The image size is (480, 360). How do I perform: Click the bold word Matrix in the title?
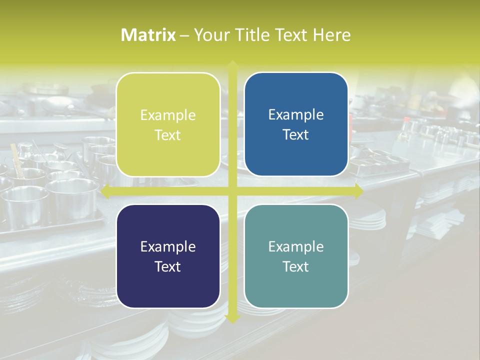point(148,35)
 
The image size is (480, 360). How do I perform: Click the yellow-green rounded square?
point(168,124)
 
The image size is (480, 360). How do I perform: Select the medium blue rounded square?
point(296,124)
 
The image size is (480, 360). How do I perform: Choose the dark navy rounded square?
point(168,256)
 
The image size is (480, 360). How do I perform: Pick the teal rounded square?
point(296,256)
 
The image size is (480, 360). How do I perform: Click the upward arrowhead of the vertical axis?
point(232,64)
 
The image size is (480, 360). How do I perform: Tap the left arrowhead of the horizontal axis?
point(105,191)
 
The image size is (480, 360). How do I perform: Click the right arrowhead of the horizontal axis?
point(358,191)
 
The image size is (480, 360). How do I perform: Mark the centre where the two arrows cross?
point(232,191)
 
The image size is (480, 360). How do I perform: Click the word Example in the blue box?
point(296,115)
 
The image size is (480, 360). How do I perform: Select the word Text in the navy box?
point(168,266)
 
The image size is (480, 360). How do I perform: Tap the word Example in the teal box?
point(296,246)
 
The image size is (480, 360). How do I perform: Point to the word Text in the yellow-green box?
point(168,135)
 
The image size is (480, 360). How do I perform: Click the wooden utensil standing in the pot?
point(17,160)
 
